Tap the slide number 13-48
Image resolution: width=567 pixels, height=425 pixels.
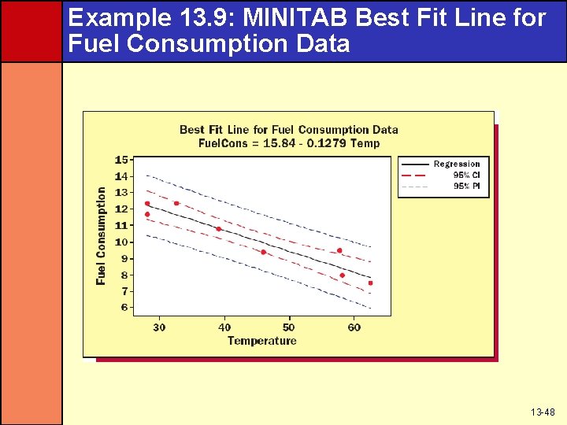point(543,412)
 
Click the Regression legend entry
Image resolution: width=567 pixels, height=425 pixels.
point(456,164)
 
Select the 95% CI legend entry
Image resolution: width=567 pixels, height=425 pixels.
point(466,175)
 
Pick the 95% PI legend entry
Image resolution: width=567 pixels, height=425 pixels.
point(466,186)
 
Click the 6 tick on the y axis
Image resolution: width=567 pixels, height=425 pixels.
point(124,308)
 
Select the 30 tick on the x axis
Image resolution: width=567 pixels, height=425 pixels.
point(159,327)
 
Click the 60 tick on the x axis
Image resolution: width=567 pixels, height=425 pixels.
point(354,327)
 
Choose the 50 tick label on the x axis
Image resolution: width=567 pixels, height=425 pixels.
point(288,327)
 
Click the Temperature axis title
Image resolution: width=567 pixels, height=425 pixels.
point(261,341)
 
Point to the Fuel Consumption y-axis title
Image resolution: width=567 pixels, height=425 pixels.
point(101,235)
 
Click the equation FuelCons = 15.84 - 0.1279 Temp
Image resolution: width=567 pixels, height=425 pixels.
point(288,143)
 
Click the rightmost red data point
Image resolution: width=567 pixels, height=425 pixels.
point(370,283)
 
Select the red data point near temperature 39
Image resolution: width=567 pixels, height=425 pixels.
point(219,229)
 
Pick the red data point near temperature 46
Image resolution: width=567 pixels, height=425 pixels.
point(263,252)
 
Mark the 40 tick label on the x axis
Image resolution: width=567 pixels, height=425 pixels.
point(224,327)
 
